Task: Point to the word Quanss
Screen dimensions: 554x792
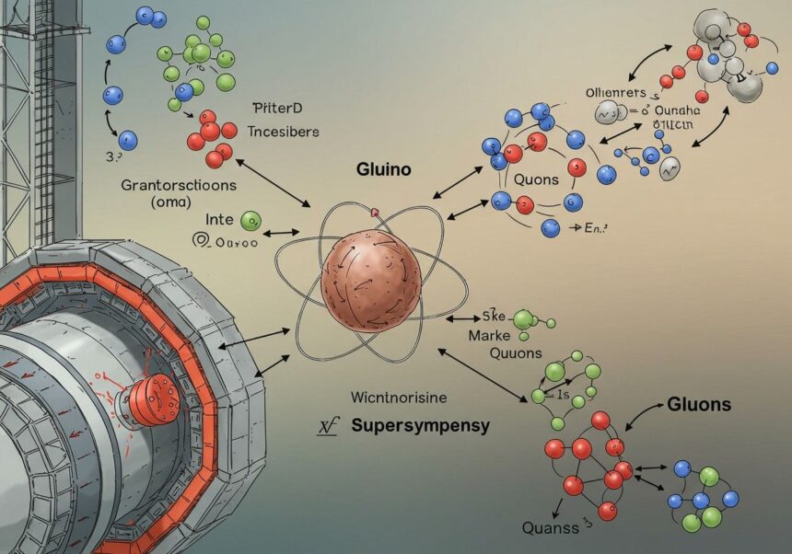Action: click(x=552, y=527)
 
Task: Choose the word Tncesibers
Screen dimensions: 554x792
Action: click(x=285, y=132)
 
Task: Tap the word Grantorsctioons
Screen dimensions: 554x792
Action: click(x=180, y=184)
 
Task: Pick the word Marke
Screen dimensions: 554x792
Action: click(x=488, y=336)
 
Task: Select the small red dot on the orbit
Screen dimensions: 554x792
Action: click(x=375, y=213)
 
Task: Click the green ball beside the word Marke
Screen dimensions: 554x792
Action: click(x=524, y=319)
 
